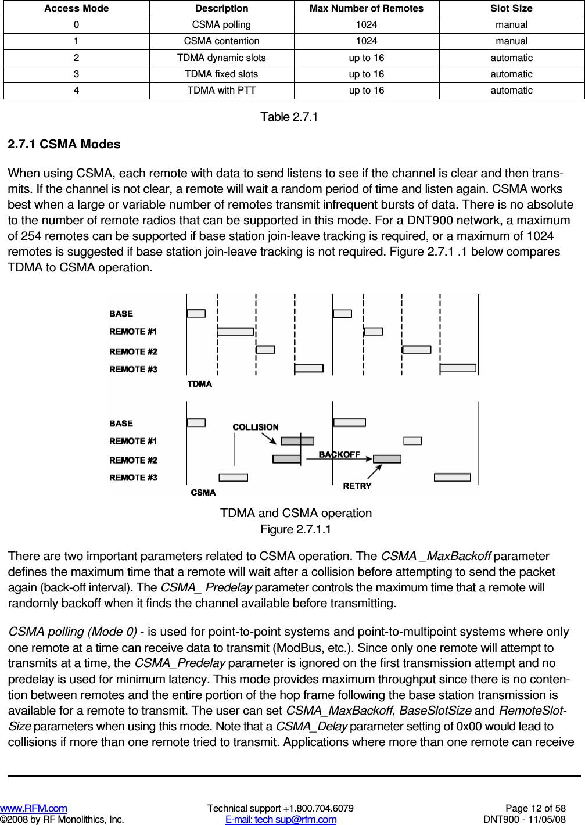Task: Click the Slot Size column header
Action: pos(511,8)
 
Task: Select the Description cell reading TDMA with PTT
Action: pos(221,90)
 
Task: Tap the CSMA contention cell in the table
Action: pos(221,41)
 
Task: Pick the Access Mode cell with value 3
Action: pos(76,74)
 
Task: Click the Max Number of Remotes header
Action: pos(366,8)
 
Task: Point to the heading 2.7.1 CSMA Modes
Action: pos(64,144)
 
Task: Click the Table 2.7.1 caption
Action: pos(289,117)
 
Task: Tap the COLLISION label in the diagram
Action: pos(256,427)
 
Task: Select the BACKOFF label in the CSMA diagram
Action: pos(339,454)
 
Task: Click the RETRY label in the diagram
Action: pos(357,486)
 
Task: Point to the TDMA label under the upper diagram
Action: pos(199,383)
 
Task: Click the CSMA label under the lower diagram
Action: pos(203,492)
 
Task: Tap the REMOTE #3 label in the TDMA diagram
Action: pos(133,369)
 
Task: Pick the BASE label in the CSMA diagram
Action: pos(121,424)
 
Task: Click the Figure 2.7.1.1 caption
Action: pos(296,529)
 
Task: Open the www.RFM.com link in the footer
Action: pos(34,808)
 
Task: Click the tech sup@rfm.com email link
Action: pos(281,819)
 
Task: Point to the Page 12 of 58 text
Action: pos(535,808)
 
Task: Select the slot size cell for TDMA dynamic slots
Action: pos(511,58)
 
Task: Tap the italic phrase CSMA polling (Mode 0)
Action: pos(73,632)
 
